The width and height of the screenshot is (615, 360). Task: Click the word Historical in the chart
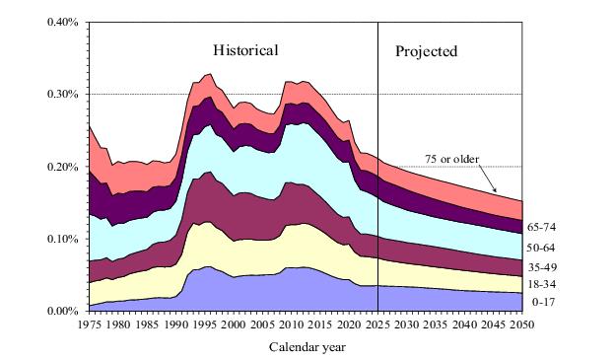click(x=245, y=50)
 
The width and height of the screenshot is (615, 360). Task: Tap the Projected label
click(x=427, y=51)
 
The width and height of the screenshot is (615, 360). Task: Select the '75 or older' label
click(x=452, y=159)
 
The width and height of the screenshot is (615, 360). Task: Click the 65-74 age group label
click(x=541, y=227)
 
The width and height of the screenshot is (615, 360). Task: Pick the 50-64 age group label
click(x=541, y=248)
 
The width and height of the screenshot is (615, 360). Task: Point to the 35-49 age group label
click(x=541, y=267)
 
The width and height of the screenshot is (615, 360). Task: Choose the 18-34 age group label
click(x=541, y=284)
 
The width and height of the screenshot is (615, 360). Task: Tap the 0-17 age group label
click(x=543, y=302)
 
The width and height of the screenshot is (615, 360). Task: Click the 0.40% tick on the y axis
click(x=63, y=22)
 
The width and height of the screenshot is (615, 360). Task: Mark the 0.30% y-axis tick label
click(x=63, y=95)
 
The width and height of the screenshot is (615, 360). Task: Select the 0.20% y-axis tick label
click(x=63, y=167)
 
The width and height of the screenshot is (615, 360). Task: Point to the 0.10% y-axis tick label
click(x=63, y=239)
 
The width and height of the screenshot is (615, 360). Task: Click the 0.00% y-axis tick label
click(x=63, y=311)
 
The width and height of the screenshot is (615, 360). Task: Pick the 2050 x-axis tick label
click(x=522, y=324)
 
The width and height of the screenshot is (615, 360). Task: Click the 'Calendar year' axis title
click(x=307, y=347)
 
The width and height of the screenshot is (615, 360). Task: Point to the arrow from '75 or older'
click(x=488, y=179)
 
